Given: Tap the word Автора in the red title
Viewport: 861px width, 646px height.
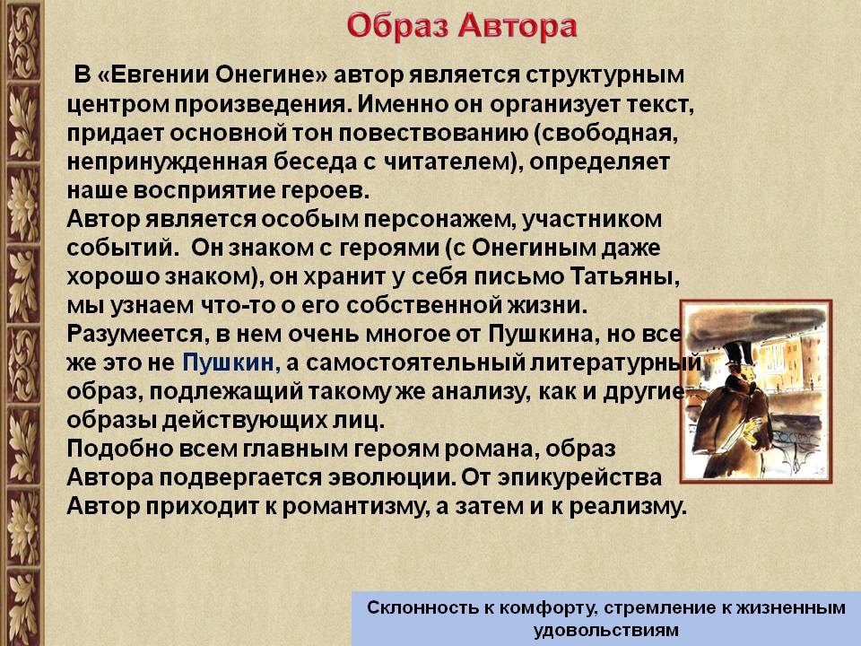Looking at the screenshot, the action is [517, 26].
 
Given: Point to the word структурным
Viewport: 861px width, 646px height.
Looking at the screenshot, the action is [605, 75].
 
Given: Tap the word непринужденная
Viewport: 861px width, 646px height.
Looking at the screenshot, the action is [167, 162].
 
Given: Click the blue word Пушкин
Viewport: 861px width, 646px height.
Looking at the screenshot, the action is [228, 362].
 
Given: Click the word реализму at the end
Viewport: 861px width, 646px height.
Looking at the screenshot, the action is [625, 506].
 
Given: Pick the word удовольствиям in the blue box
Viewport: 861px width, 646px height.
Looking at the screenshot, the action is [605, 630].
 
